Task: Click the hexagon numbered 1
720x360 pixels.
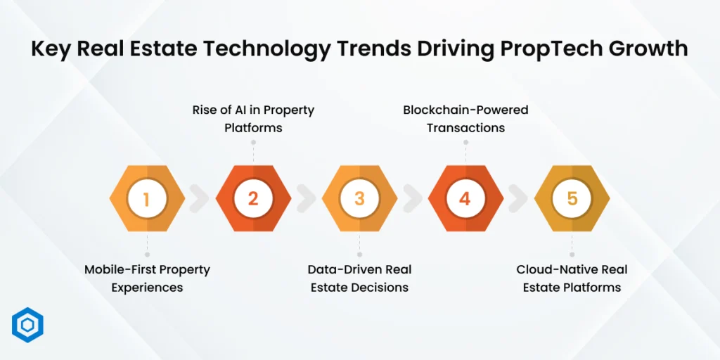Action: pos(147,199)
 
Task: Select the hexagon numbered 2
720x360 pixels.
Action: pos(253,199)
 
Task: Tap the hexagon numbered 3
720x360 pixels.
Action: pos(359,199)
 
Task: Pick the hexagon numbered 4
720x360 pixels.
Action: pos(465,199)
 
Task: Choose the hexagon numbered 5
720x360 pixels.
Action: pos(572,199)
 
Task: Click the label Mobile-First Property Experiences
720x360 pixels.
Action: pos(147,278)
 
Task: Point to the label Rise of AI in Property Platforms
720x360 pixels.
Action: pos(253,119)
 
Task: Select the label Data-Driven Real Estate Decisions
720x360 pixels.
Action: pos(359,278)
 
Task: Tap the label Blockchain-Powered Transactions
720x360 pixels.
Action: pos(465,119)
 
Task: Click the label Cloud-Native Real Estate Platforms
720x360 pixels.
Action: pos(572,278)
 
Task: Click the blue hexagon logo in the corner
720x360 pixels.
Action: pos(28,325)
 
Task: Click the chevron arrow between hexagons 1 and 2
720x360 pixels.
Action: pos(200,199)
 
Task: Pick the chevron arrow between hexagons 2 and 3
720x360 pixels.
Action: pos(307,199)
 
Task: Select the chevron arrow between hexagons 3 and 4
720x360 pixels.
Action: pos(413,199)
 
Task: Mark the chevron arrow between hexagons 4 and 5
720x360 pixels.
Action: pos(519,199)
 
